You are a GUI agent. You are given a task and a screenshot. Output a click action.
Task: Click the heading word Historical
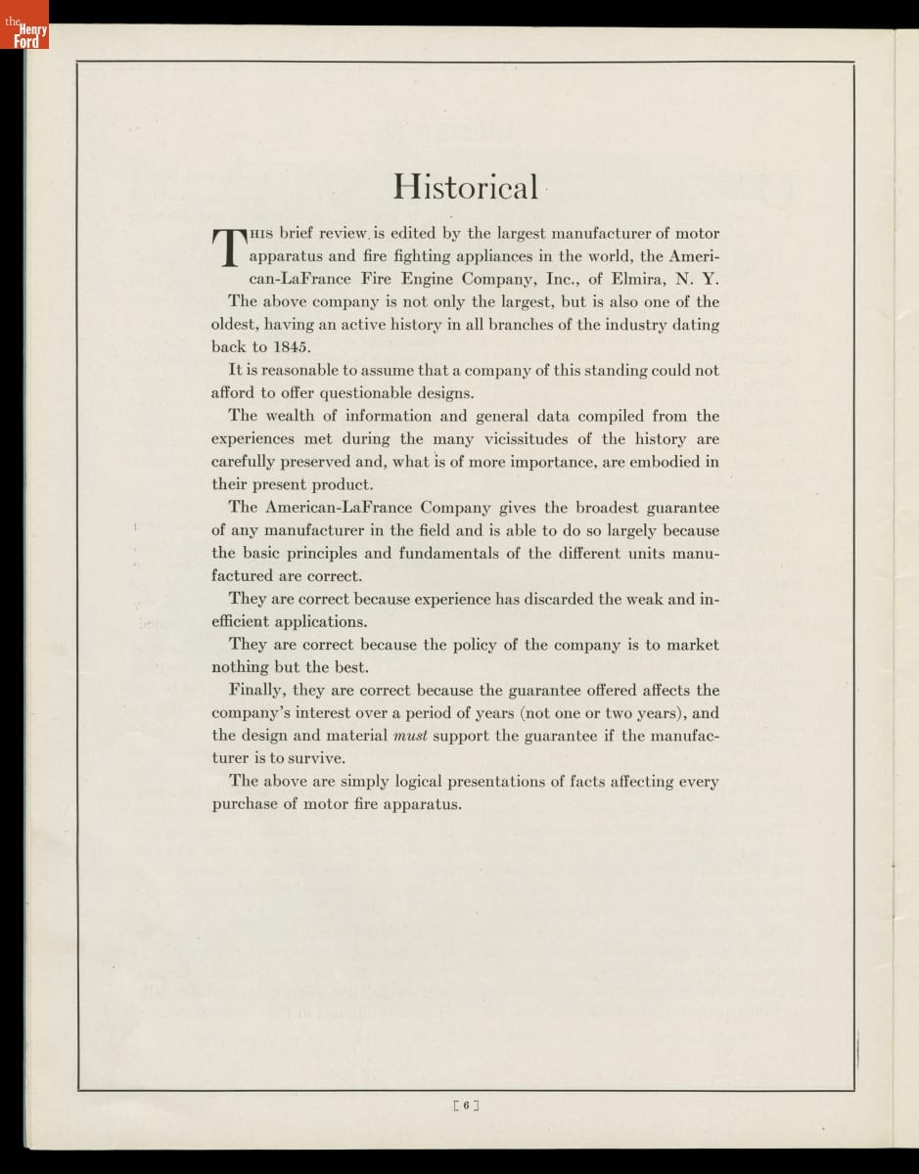(465, 186)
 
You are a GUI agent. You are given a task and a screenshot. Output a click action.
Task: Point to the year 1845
(291, 347)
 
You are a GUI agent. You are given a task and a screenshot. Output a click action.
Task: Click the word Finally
(256, 691)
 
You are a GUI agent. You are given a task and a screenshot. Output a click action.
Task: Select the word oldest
(235, 325)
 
